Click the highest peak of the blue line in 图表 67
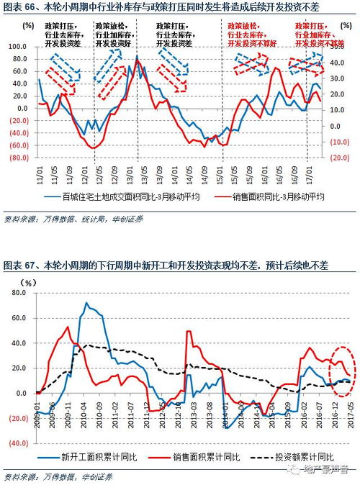pos(87,303)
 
